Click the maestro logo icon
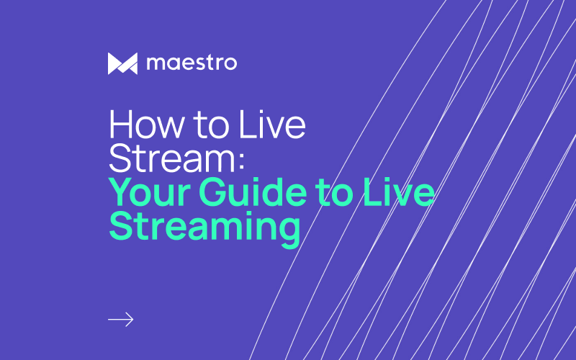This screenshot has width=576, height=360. [122, 63]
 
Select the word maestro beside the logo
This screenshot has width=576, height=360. [192, 63]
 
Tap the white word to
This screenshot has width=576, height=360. [212, 125]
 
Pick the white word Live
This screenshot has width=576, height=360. [272, 125]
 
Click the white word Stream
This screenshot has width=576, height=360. [172, 158]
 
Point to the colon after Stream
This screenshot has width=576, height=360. [241, 161]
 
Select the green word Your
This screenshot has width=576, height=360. [150, 192]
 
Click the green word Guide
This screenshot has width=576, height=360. [253, 192]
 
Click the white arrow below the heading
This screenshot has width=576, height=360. [121, 320]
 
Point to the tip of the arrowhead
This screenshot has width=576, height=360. [133, 320]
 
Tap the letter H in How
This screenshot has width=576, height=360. [121, 125]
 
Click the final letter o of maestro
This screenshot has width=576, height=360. [230, 63]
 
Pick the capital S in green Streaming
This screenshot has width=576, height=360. [120, 226]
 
